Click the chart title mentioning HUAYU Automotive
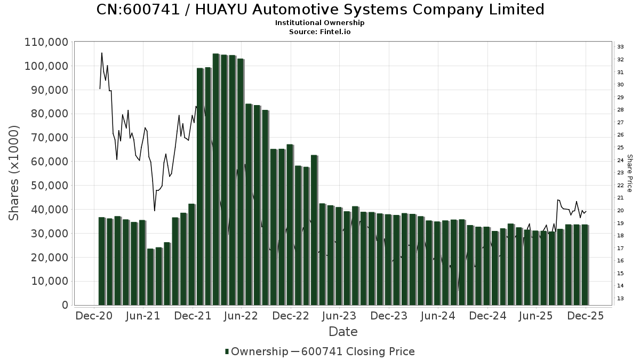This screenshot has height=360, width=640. click(x=320, y=10)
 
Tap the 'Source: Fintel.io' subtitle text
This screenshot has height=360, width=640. click(x=320, y=32)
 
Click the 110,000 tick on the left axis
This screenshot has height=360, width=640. click(x=46, y=42)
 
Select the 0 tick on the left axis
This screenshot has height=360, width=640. click(x=65, y=305)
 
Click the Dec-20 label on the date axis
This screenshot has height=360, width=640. click(x=94, y=316)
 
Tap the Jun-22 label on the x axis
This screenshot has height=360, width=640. click(x=242, y=316)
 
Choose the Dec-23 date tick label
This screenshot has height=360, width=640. click(x=389, y=316)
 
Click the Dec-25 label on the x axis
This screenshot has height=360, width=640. click(x=586, y=316)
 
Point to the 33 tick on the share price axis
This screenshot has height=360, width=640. click(x=621, y=47)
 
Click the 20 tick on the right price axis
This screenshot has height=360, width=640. click(x=621, y=211)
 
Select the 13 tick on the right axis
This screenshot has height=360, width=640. click(x=621, y=299)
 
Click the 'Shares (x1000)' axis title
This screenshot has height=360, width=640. click(x=14, y=173)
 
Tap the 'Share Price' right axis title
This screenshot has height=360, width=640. click(x=630, y=173)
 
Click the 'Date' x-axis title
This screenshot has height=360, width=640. click(x=343, y=332)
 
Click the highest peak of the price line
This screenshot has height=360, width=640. click(x=102, y=53)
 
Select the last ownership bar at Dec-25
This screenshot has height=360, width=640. click(x=585, y=265)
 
